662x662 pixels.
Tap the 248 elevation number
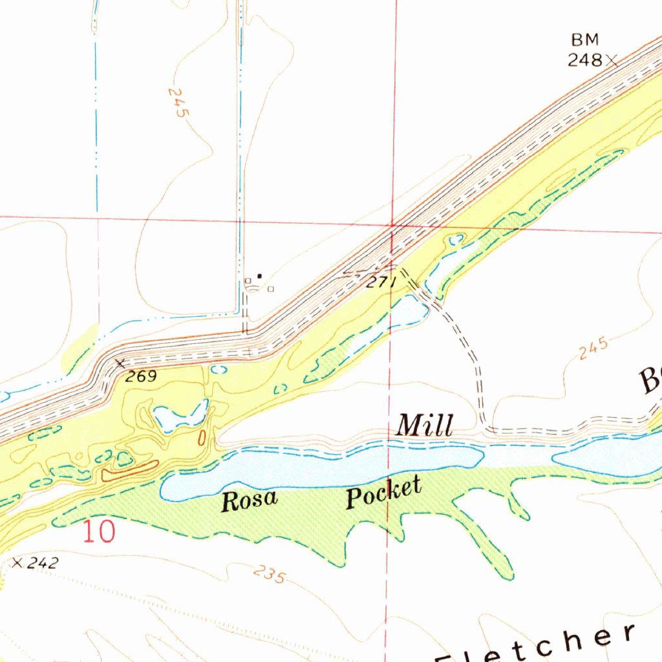click(x=584, y=61)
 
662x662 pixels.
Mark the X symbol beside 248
click(x=611, y=61)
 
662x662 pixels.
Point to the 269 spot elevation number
click(x=141, y=376)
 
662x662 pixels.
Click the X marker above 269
click(x=120, y=364)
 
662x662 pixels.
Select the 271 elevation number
click(x=379, y=283)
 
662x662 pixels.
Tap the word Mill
click(x=424, y=426)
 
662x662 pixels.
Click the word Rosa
click(x=250, y=500)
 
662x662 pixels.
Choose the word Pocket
click(x=383, y=493)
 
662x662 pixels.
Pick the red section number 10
click(x=99, y=531)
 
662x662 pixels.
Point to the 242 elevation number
click(x=43, y=563)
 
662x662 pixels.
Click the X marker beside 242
click(x=17, y=564)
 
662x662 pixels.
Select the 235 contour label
click(x=269, y=573)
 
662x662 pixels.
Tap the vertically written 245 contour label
click(x=178, y=102)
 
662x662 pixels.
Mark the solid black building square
click(x=260, y=276)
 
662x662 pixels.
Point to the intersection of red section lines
click(x=392, y=225)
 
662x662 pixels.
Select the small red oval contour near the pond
click(x=202, y=438)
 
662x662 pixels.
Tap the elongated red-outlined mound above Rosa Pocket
click(x=129, y=471)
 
